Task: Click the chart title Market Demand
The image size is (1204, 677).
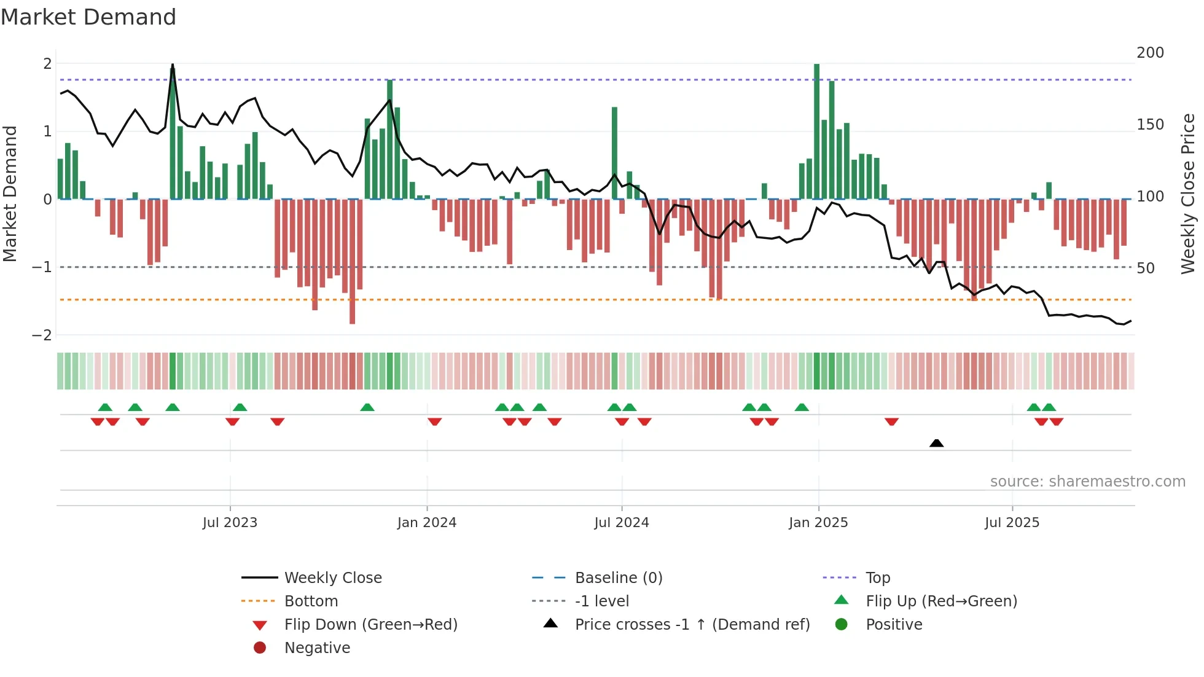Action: pos(88,17)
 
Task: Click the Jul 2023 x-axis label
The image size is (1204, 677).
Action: pos(230,523)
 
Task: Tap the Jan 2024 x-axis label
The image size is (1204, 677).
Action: pos(426,523)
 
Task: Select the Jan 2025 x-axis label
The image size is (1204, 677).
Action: pos(818,523)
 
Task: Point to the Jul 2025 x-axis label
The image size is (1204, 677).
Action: pos(1012,523)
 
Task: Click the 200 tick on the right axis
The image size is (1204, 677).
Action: pos(1150,53)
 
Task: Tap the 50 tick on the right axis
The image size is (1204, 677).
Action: pos(1145,268)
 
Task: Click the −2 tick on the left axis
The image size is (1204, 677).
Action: pos(42,335)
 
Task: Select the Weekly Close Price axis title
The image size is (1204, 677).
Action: pos(1188,194)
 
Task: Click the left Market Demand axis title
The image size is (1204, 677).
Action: pos(10,194)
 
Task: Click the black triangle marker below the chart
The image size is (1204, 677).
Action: pos(936,443)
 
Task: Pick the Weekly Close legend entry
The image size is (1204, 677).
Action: pos(332,578)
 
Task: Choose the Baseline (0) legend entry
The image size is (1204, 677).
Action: pos(618,578)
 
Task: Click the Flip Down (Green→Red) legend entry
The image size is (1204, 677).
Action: pos(370,625)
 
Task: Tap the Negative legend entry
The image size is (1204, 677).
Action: pos(317,648)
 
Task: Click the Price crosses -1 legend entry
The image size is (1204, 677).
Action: pos(692,625)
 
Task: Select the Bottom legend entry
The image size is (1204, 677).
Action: pos(311,601)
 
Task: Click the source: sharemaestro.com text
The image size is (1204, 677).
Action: pos(1087,482)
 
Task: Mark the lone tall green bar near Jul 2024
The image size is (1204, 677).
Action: pos(614,153)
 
